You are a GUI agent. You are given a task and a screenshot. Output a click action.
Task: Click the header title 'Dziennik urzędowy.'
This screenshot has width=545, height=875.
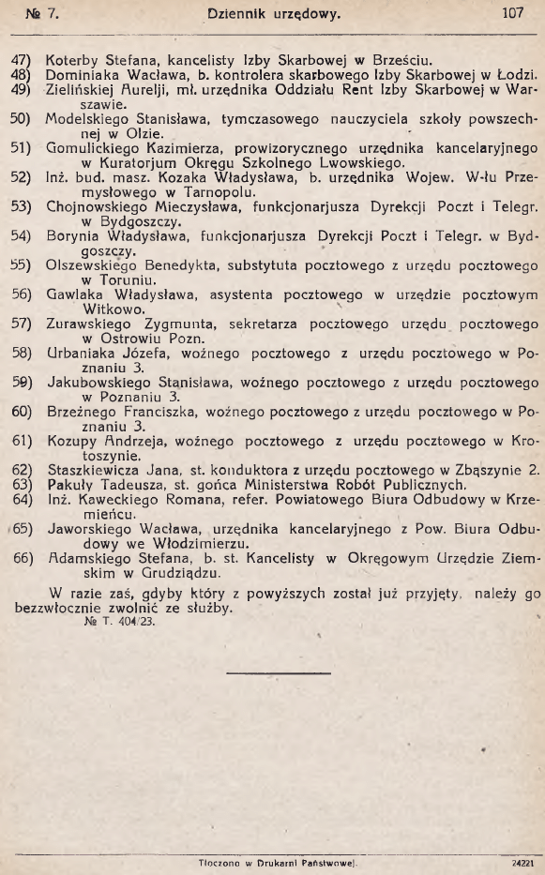pos(273,14)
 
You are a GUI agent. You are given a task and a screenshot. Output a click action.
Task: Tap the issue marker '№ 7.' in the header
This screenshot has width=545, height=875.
pos(43,14)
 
